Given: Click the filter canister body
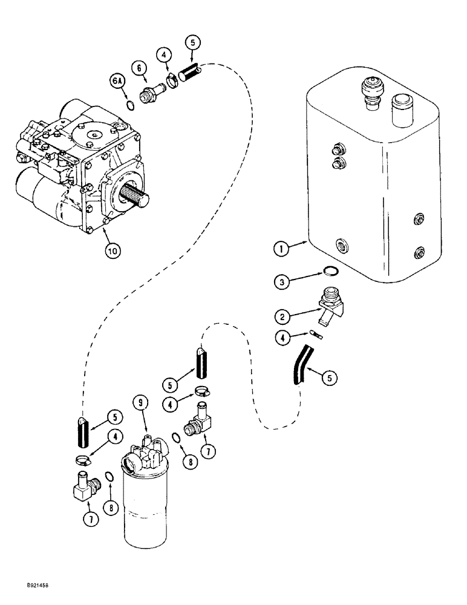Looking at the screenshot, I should [x=146, y=508].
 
